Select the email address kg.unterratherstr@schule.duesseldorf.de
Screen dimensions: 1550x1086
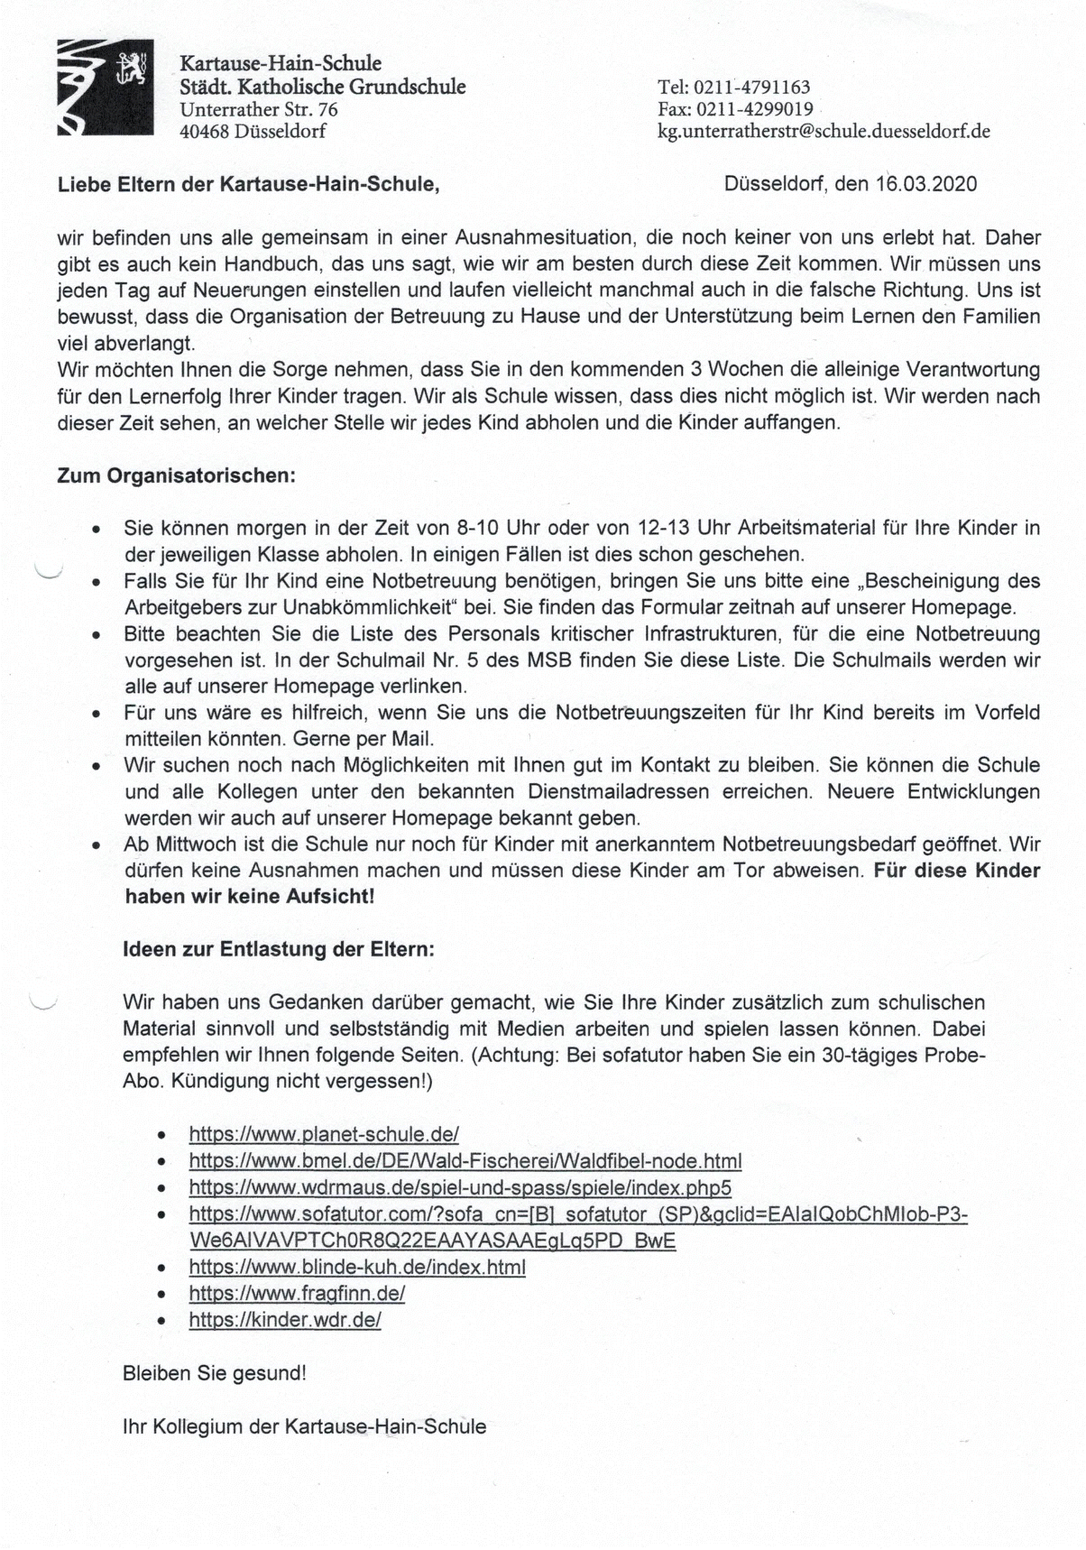coord(824,131)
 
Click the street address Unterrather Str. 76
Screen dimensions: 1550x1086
coord(259,109)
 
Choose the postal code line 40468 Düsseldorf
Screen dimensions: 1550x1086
coord(253,131)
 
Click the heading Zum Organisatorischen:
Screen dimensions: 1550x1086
coord(177,475)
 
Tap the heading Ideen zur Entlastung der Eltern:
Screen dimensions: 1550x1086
coord(279,949)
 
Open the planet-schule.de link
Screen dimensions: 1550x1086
coord(324,1134)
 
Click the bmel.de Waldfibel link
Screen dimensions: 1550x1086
coord(465,1160)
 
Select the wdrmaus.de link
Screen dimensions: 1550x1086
coord(459,1187)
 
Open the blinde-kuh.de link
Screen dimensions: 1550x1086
coord(356,1267)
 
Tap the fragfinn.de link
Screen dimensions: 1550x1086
coord(297,1293)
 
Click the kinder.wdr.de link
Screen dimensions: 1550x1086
coord(285,1320)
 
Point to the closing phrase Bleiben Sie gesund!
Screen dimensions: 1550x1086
coord(214,1373)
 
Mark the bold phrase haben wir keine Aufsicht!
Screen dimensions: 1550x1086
coord(249,897)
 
